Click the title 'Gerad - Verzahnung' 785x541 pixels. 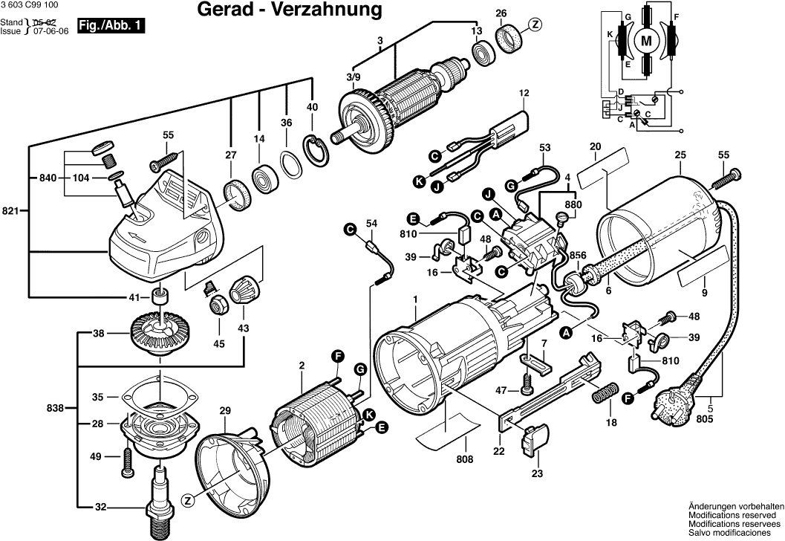tap(290, 10)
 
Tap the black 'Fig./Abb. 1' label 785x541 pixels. tap(111, 25)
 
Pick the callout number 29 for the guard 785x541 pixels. tap(225, 410)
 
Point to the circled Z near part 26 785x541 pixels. tap(535, 25)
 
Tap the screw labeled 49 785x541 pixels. tap(126, 460)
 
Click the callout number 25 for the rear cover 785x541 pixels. tap(680, 156)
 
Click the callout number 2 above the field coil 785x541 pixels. tap(302, 366)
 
